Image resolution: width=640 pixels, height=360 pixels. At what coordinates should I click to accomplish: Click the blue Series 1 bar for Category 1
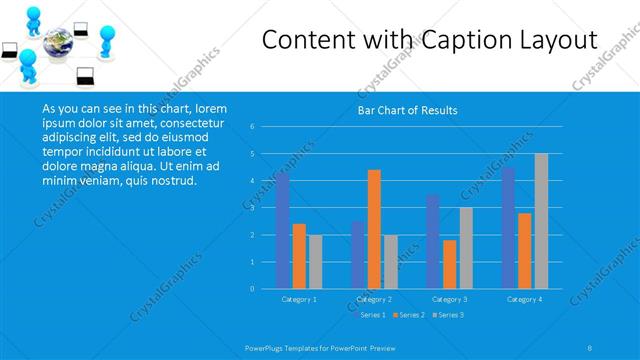click(283, 231)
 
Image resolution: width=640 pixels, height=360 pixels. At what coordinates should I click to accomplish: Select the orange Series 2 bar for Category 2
click(374, 229)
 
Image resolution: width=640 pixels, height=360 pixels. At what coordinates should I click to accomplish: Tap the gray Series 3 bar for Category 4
click(541, 221)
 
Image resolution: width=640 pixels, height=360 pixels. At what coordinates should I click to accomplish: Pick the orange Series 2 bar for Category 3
click(450, 264)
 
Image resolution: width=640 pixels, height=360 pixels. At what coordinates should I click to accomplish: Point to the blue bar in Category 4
click(509, 228)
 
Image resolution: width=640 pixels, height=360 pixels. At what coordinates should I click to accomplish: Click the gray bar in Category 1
click(315, 262)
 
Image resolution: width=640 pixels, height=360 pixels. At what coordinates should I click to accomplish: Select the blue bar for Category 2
click(358, 255)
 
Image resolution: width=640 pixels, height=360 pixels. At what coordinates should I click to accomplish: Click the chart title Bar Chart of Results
click(407, 110)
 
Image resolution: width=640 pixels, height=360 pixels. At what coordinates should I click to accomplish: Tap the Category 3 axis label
click(449, 299)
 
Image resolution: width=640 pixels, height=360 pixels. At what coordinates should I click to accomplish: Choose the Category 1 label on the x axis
click(299, 299)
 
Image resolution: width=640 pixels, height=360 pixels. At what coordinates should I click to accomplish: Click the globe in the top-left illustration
click(56, 47)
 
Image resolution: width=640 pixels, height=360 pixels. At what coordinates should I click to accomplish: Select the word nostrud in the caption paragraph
click(173, 181)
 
